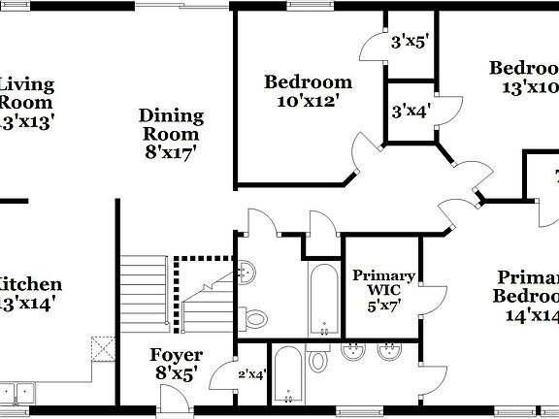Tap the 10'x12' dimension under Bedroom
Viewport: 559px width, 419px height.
pos(308,100)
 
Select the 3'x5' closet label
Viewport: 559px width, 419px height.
pos(410,43)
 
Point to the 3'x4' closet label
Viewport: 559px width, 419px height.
pos(410,111)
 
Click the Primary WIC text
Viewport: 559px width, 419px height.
pos(383,284)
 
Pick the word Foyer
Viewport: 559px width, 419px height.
pos(176,355)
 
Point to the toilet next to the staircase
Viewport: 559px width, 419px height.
pos(255,317)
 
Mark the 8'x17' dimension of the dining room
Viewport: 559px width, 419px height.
pos(171,151)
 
